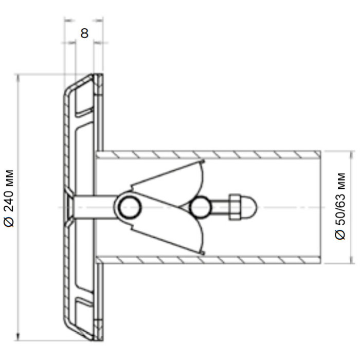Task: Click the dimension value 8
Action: coord(84,33)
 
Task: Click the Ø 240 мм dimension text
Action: coord(9,199)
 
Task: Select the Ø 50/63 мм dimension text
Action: coord(340,206)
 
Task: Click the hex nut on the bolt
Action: coord(235,207)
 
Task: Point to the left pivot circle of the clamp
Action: coord(130,207)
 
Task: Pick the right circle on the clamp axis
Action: coord(200,207)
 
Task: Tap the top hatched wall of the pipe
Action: coord(208,155)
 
